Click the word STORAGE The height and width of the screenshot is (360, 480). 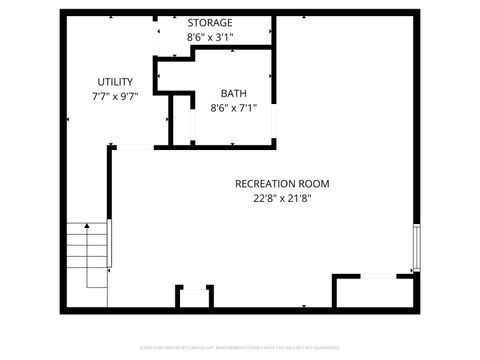click(x=210, y=22)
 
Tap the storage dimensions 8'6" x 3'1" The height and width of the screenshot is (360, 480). click(x=210, y=37)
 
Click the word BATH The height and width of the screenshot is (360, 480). click(x=233, y=93)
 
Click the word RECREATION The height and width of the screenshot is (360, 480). click(x=268, y=184)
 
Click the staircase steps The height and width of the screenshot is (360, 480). click(x=88, y=255)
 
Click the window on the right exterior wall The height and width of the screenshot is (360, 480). click(x=415, y=247)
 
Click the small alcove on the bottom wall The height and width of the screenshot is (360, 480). click(x=193, y=298)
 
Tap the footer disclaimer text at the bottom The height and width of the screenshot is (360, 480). click(x=240, y=349)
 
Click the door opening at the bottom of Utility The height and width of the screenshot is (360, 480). click(x=134, y=147)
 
